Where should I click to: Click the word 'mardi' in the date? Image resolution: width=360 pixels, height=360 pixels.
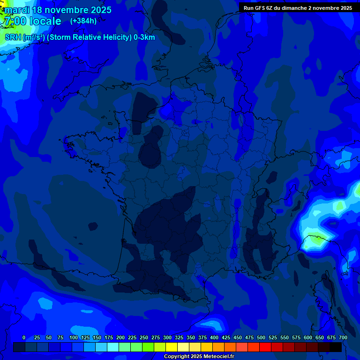point(17,10)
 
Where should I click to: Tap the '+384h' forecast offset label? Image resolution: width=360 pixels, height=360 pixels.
point(83,21)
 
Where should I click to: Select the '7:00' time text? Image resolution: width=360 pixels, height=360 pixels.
point(14,22)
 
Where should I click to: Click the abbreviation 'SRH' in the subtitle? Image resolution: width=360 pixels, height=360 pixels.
point(13,37)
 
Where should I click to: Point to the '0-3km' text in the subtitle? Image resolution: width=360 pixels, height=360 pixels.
point(144,37)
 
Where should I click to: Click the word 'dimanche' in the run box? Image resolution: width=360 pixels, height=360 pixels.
point(293,8)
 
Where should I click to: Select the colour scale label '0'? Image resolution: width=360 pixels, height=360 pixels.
point(24,337)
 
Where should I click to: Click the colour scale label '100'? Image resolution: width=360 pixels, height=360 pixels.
point(74,337)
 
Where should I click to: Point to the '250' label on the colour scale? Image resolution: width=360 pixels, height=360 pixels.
point(144,337)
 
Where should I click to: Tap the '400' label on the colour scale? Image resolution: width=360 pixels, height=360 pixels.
point(214,337)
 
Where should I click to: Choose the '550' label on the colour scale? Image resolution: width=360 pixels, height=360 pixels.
point(285,337)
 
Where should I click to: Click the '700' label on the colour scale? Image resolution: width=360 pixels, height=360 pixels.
point(343,337)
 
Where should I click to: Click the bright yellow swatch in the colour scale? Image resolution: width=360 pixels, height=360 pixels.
point(172,347)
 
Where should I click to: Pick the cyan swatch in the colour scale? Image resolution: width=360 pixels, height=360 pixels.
point(113,347)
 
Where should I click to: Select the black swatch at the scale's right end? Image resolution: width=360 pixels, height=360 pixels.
point(336,347)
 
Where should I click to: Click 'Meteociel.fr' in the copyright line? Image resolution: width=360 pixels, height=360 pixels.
point(219,357)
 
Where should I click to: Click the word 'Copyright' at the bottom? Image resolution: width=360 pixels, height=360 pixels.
point(178,357)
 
